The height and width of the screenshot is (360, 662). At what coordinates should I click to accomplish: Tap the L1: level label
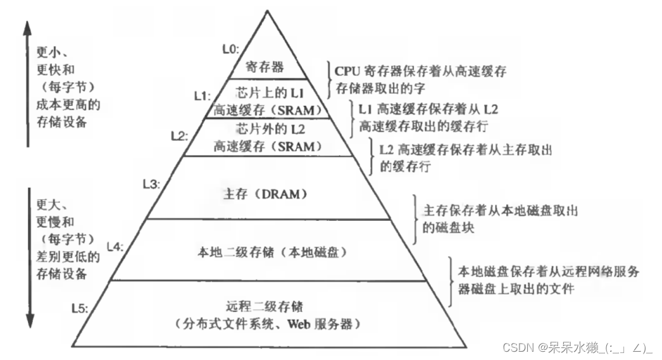coord(202,96)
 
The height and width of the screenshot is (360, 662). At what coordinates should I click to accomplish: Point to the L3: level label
coord(152,184)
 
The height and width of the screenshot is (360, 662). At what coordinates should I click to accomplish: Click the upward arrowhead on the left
coord(27,27)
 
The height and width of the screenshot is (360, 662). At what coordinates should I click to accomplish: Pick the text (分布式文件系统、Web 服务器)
coord(270,325)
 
